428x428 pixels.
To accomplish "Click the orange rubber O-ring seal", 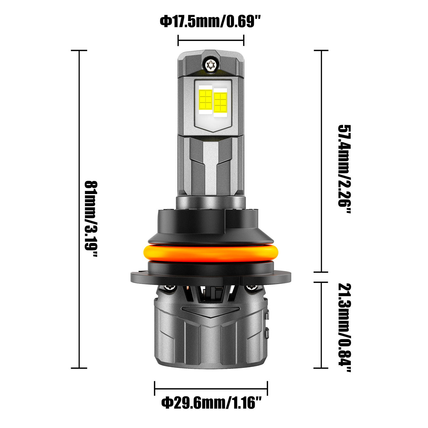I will [211, 252].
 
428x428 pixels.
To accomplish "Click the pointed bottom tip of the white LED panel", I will [211, 131].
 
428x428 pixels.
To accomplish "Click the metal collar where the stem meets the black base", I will [211, 203].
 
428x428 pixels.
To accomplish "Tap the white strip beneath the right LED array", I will [220, 115].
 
